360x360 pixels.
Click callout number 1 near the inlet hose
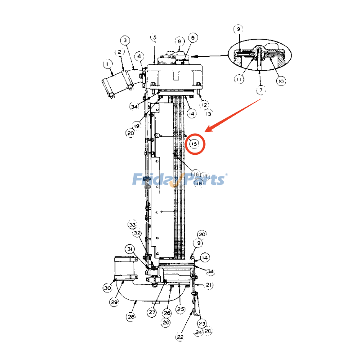point(108,64)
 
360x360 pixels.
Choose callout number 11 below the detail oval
point(239,79)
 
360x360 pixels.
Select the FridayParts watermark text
point(179,180)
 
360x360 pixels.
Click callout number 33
point(132,225)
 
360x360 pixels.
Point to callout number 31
point(130,249)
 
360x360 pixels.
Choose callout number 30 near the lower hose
point(107,288)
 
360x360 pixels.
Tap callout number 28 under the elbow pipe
point(130,317)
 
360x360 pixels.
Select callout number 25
point(180,309)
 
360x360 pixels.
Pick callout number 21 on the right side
point(209,285)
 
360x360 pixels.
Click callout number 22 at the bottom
point(180,336)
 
